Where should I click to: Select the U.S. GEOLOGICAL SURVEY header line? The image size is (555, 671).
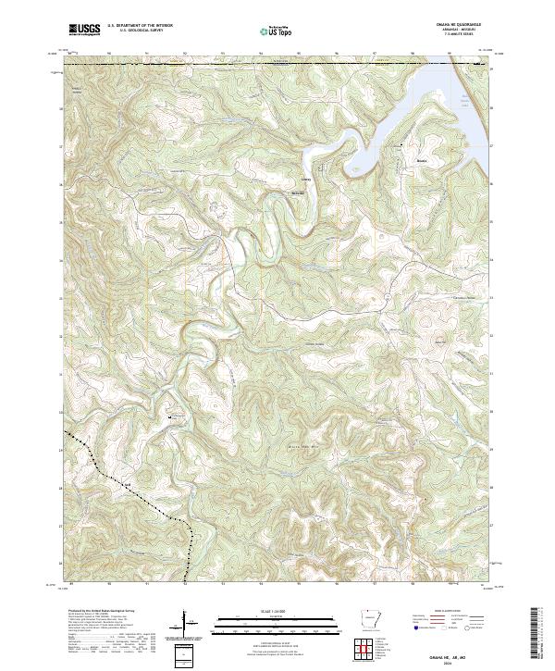(139, 31)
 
